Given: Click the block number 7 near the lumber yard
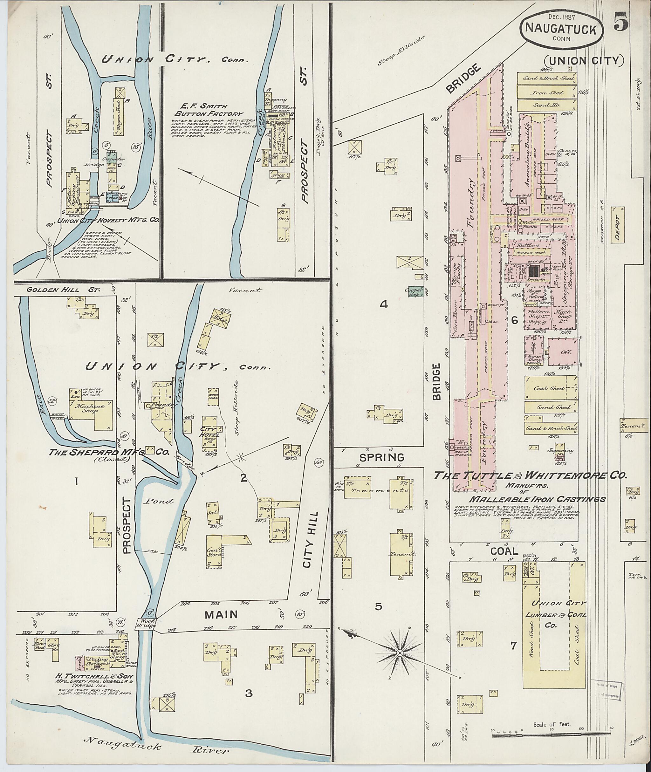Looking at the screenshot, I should [513, 646].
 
